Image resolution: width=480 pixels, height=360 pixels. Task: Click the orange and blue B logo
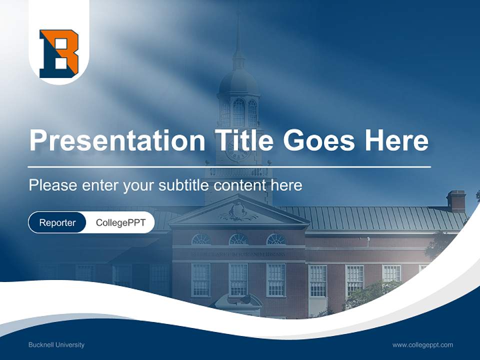point(59,53)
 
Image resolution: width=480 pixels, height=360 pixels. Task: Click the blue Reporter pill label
point(57,222)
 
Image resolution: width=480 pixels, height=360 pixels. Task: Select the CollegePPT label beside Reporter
point(120,222)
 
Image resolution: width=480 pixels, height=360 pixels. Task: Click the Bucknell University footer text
point(56,344)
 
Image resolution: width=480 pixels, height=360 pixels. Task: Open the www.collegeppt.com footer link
point(422,344)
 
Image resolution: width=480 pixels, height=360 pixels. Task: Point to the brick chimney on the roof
point(456,200)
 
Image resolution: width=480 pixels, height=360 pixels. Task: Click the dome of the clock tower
point(238,80)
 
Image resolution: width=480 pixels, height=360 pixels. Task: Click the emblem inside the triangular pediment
point(238,212)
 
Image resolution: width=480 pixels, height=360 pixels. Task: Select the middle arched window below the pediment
point(238,239)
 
